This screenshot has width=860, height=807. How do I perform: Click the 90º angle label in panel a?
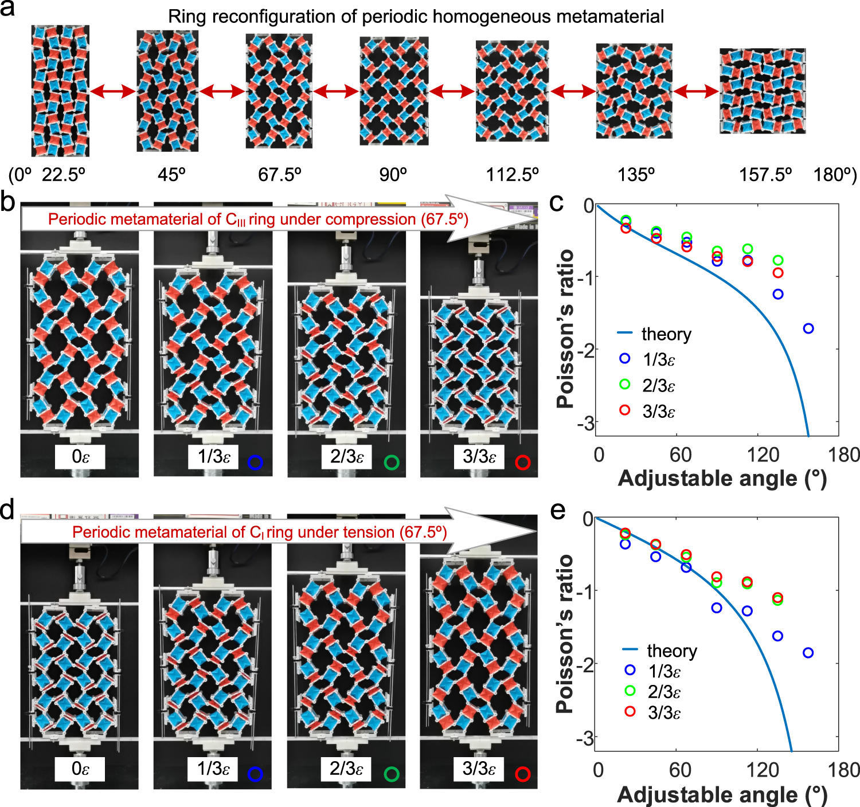[x=393, y=174]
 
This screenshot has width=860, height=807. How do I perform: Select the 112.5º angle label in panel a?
[x=513, y=174]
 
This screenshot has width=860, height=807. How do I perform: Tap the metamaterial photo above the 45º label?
[x=167, y=91]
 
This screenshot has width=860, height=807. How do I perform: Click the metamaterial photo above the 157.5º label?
[x=763, y=91]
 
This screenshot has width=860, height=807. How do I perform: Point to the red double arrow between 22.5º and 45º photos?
[x=113, y=91]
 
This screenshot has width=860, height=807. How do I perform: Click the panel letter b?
[x=8, y=202]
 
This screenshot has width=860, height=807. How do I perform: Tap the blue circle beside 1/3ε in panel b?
[x=255, y=462]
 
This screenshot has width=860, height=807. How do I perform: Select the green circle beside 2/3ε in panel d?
[x=392, y=774]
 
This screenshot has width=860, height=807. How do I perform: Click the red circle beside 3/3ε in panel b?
[x=522, y=462]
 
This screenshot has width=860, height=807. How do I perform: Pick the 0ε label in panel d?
[x=80, y=769]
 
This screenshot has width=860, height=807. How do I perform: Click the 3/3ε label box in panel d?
[x=479, y=769]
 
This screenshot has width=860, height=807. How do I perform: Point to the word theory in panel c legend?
[x=666, y=334]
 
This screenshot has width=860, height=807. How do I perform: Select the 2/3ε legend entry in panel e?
[x=664, y=692]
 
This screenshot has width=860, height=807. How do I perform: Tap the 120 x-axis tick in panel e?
[x=763, y=770]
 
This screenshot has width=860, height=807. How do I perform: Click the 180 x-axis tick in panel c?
[x=844, y=455]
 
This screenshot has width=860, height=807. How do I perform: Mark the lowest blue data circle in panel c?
[x=808, y=328]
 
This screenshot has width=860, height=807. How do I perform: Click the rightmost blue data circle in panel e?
[x=808, y=653]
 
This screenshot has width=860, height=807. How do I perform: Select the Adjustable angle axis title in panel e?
[x=722, y=795]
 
